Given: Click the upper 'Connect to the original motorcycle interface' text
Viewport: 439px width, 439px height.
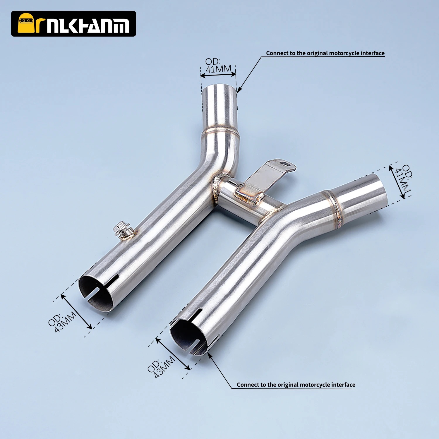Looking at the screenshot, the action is tap(325, 53).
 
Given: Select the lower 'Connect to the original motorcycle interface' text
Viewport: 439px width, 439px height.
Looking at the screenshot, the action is tap(296, 385).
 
